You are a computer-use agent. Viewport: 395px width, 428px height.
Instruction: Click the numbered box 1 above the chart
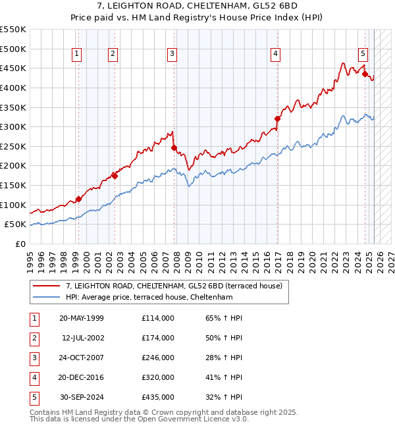click(78, 54)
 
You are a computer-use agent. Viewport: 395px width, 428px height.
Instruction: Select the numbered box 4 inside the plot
click(275, 54)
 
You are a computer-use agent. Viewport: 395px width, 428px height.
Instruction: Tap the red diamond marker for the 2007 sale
click(174, 148)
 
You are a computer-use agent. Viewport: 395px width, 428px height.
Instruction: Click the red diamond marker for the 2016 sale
click(277, 119)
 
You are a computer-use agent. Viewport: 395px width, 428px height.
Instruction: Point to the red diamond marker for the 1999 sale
click(78, 199)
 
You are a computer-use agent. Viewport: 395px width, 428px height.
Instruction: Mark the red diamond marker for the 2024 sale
click(365, 74)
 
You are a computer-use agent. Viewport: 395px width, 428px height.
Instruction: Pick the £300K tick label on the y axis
click(13, 126)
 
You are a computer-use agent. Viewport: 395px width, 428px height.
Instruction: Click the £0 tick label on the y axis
click(20, 244)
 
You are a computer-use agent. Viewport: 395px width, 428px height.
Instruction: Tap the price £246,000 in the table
click(157, 358)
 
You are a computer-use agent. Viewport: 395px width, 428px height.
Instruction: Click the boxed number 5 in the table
click(33, 397)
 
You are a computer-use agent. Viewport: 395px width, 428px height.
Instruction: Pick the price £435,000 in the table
click(157, 397)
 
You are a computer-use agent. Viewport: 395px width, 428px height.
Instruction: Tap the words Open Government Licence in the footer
click(197, 418)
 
